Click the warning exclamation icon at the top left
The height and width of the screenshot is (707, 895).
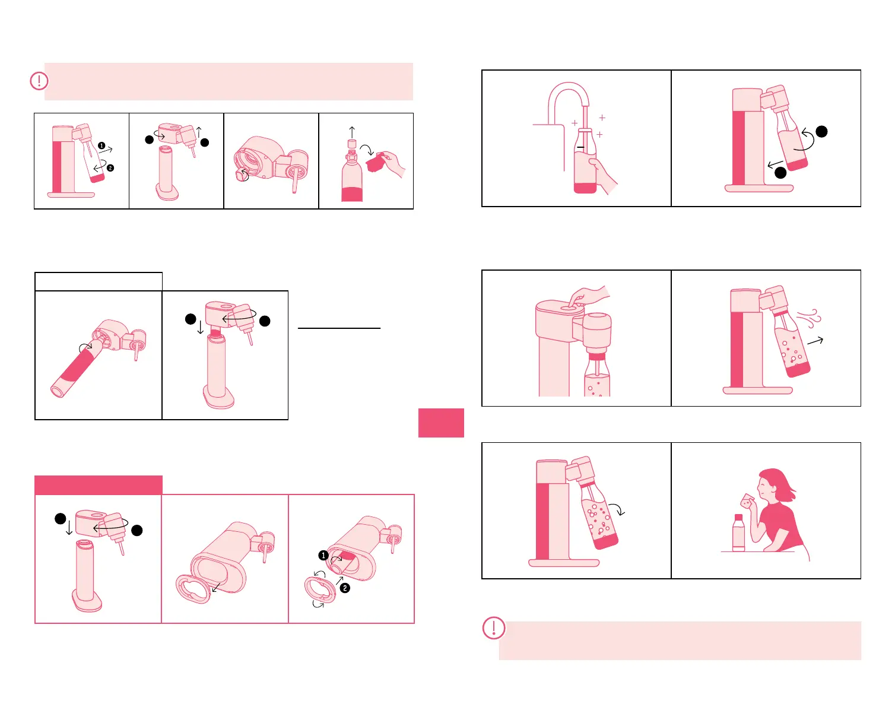tap(39, 81)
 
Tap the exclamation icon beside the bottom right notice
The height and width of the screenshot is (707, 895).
tap(494, 627)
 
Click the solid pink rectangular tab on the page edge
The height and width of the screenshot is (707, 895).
tap(441, 423)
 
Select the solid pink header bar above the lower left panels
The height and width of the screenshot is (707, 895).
tap(99, 485)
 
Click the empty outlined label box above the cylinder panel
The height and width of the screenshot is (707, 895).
tap(99, 281)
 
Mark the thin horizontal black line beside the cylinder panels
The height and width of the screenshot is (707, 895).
tap(339, 328)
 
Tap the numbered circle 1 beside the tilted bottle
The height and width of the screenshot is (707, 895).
tap(101, 145)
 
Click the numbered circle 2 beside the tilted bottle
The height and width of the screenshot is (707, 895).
tap(110, 168)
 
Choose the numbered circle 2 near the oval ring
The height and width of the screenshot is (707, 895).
tap(345, 588)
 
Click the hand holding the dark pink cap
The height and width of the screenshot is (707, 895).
tap(393, 163)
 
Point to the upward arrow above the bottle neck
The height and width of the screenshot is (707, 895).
tap(352, 132)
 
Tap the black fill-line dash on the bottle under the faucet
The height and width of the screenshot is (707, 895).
tap(580, 147)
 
